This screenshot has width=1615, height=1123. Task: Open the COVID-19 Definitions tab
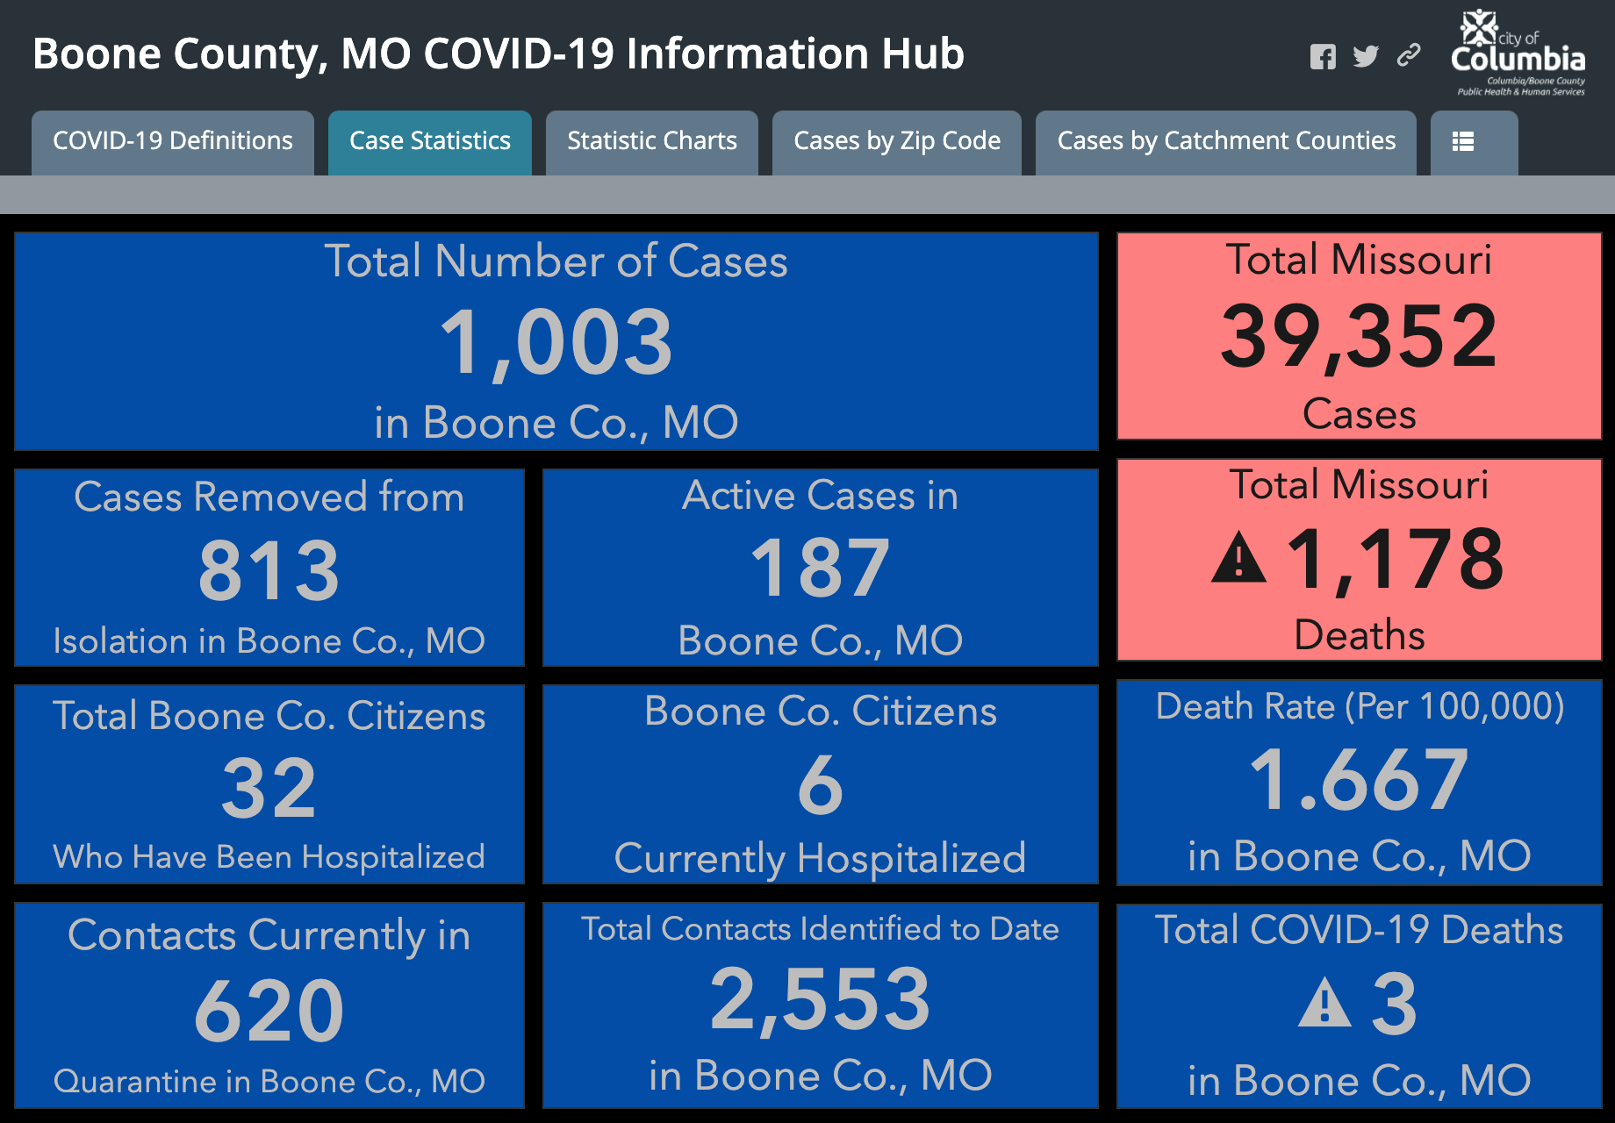point(173,142)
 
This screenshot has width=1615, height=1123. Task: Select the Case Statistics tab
point(430,142)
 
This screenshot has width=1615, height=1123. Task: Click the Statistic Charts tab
point(652,142)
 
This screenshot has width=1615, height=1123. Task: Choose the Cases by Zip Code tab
point(897,142)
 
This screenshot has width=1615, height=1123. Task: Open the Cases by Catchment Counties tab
point(1226,142)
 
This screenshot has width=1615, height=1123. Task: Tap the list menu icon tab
point(1475,142)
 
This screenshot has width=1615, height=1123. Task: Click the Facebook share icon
point(1323,57)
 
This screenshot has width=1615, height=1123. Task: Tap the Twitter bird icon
point(1366,56)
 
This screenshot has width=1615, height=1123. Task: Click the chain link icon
point(1409,55)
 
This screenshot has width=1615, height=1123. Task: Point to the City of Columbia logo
point(1519,52)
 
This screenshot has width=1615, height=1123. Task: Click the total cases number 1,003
point(556,342)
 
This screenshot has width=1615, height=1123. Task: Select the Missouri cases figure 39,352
point(1359,336)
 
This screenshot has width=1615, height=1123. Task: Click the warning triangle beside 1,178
point(1238,558)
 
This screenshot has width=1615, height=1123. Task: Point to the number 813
point(269,571)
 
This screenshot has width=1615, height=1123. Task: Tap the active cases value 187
point(821,569)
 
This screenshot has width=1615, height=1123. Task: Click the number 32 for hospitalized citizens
point(269,789)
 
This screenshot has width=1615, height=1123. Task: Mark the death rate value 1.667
point(1359,779)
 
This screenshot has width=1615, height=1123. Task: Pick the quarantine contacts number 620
point(269,1011)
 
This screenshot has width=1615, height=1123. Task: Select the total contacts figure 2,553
point(821,999)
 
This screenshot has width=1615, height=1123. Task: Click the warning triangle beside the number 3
point(1324,1003)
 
